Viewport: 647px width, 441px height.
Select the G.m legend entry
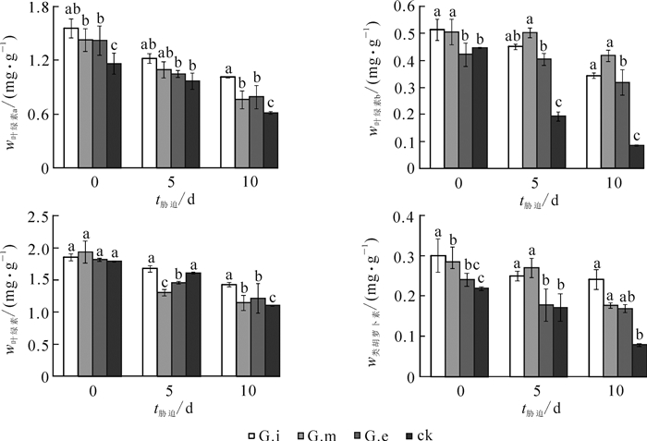(321, 433)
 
